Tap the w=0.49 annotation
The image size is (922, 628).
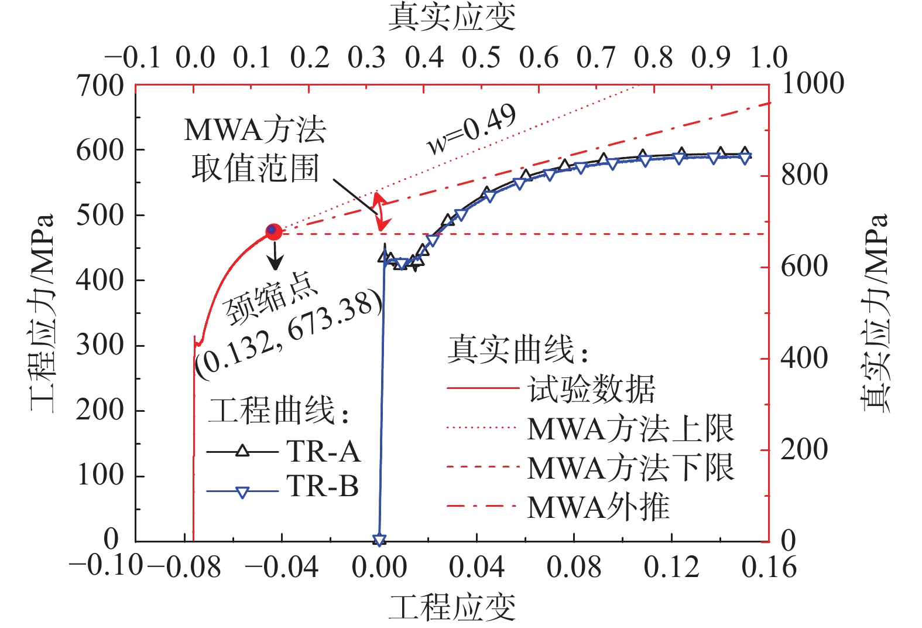tap(472, 129)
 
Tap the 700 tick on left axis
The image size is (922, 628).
tap(100, 86)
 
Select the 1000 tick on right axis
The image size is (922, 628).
tap(813, 83)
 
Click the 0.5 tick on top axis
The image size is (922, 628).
tap(481, 57)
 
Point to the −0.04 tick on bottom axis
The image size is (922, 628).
tap(282, 567)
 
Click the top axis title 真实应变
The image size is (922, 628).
tap(452, 18)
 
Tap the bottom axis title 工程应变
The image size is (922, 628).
tap(452, 607)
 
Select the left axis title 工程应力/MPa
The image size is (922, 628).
tap(42, 313)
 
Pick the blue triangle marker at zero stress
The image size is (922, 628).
tap(379, 540)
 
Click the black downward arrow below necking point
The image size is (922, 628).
tap(275, 255)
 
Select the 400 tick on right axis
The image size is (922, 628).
tap(804, 358)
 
